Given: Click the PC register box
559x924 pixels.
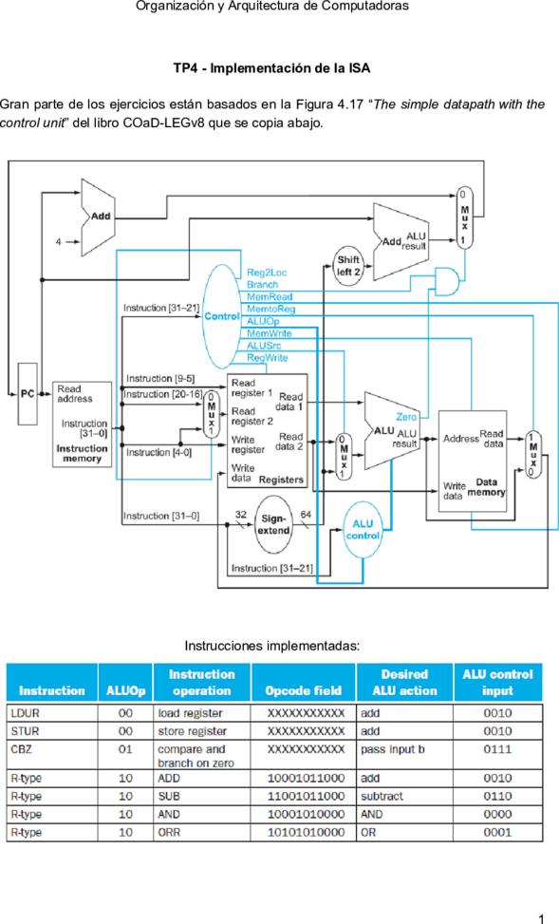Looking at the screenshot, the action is coord(28,394).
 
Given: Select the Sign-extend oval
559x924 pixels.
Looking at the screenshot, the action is coord(274,524).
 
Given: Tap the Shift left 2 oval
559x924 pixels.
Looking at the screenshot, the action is coord(348,266).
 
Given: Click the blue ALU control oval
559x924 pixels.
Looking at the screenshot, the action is coord(363,530).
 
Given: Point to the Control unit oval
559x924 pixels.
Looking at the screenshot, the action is coord(221,316).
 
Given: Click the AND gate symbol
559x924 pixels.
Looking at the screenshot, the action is coord(447,282).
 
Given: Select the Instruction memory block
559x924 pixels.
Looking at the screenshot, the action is coord(82,424).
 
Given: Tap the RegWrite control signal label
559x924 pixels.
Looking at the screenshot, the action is coord(268,358).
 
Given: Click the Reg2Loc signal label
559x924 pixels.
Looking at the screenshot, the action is coord(267,273).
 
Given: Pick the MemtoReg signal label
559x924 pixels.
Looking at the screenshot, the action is coord(271,309).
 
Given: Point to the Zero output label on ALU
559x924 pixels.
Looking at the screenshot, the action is coord(406,417).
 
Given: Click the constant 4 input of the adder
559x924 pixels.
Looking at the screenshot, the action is coord(59,241).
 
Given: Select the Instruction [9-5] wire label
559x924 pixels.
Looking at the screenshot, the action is coord(160,378).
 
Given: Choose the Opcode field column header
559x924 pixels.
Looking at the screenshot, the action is coord(304,690).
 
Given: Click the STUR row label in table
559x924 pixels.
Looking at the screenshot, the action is coord(25,730).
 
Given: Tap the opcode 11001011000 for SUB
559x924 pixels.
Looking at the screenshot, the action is coord(306,796).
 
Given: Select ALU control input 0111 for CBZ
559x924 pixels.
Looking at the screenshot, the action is coord(497,749).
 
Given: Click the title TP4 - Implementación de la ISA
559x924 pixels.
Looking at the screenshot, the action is coord(271,68).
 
